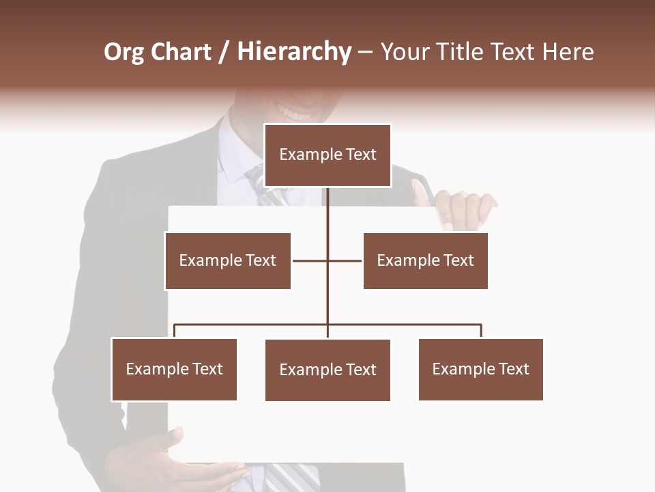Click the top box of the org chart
[327, 155]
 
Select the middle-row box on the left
[227, 260]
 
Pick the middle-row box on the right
[425, 260]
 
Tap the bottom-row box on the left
[174, 369]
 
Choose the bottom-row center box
[327, 370]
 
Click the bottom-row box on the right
[480, 369]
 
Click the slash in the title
[224, 52]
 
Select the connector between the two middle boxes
[327, 260]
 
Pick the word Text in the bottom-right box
[514, 369]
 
